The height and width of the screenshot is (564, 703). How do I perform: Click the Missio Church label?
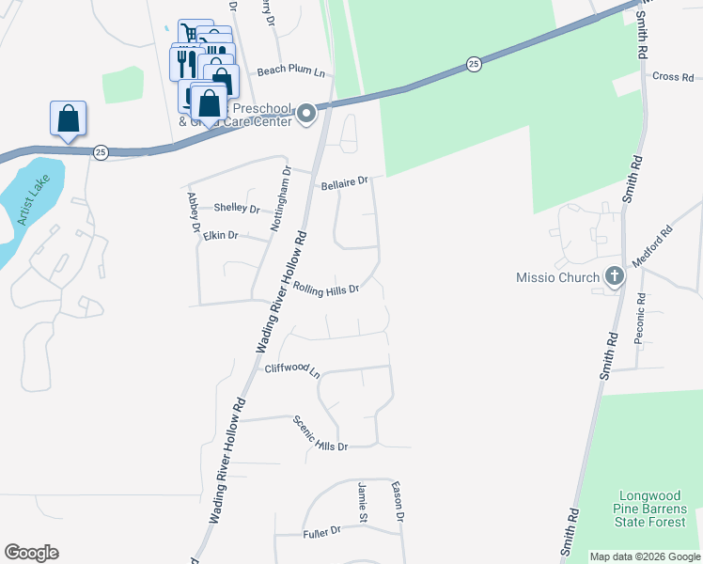coord(557,277)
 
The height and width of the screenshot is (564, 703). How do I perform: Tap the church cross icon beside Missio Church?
coord(615,276)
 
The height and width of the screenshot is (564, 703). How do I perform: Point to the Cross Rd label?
coord(671,76)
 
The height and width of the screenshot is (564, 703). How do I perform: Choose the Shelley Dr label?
coord(236,208)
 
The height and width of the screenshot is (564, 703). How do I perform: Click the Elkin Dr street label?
coord(221,235)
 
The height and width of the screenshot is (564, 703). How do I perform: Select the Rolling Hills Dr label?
coord(326,290)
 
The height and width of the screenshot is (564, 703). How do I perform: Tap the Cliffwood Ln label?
coord(292,370)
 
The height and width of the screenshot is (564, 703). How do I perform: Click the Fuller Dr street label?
coord(321,533)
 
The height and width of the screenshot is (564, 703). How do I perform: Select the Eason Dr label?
coord(398,503)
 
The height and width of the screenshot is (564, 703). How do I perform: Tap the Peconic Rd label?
coord(639,318)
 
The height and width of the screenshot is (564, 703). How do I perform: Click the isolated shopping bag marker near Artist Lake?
coord(69,118)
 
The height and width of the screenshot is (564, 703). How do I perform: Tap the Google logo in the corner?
coord(32,553)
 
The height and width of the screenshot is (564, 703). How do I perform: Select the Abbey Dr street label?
coord(195,212)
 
